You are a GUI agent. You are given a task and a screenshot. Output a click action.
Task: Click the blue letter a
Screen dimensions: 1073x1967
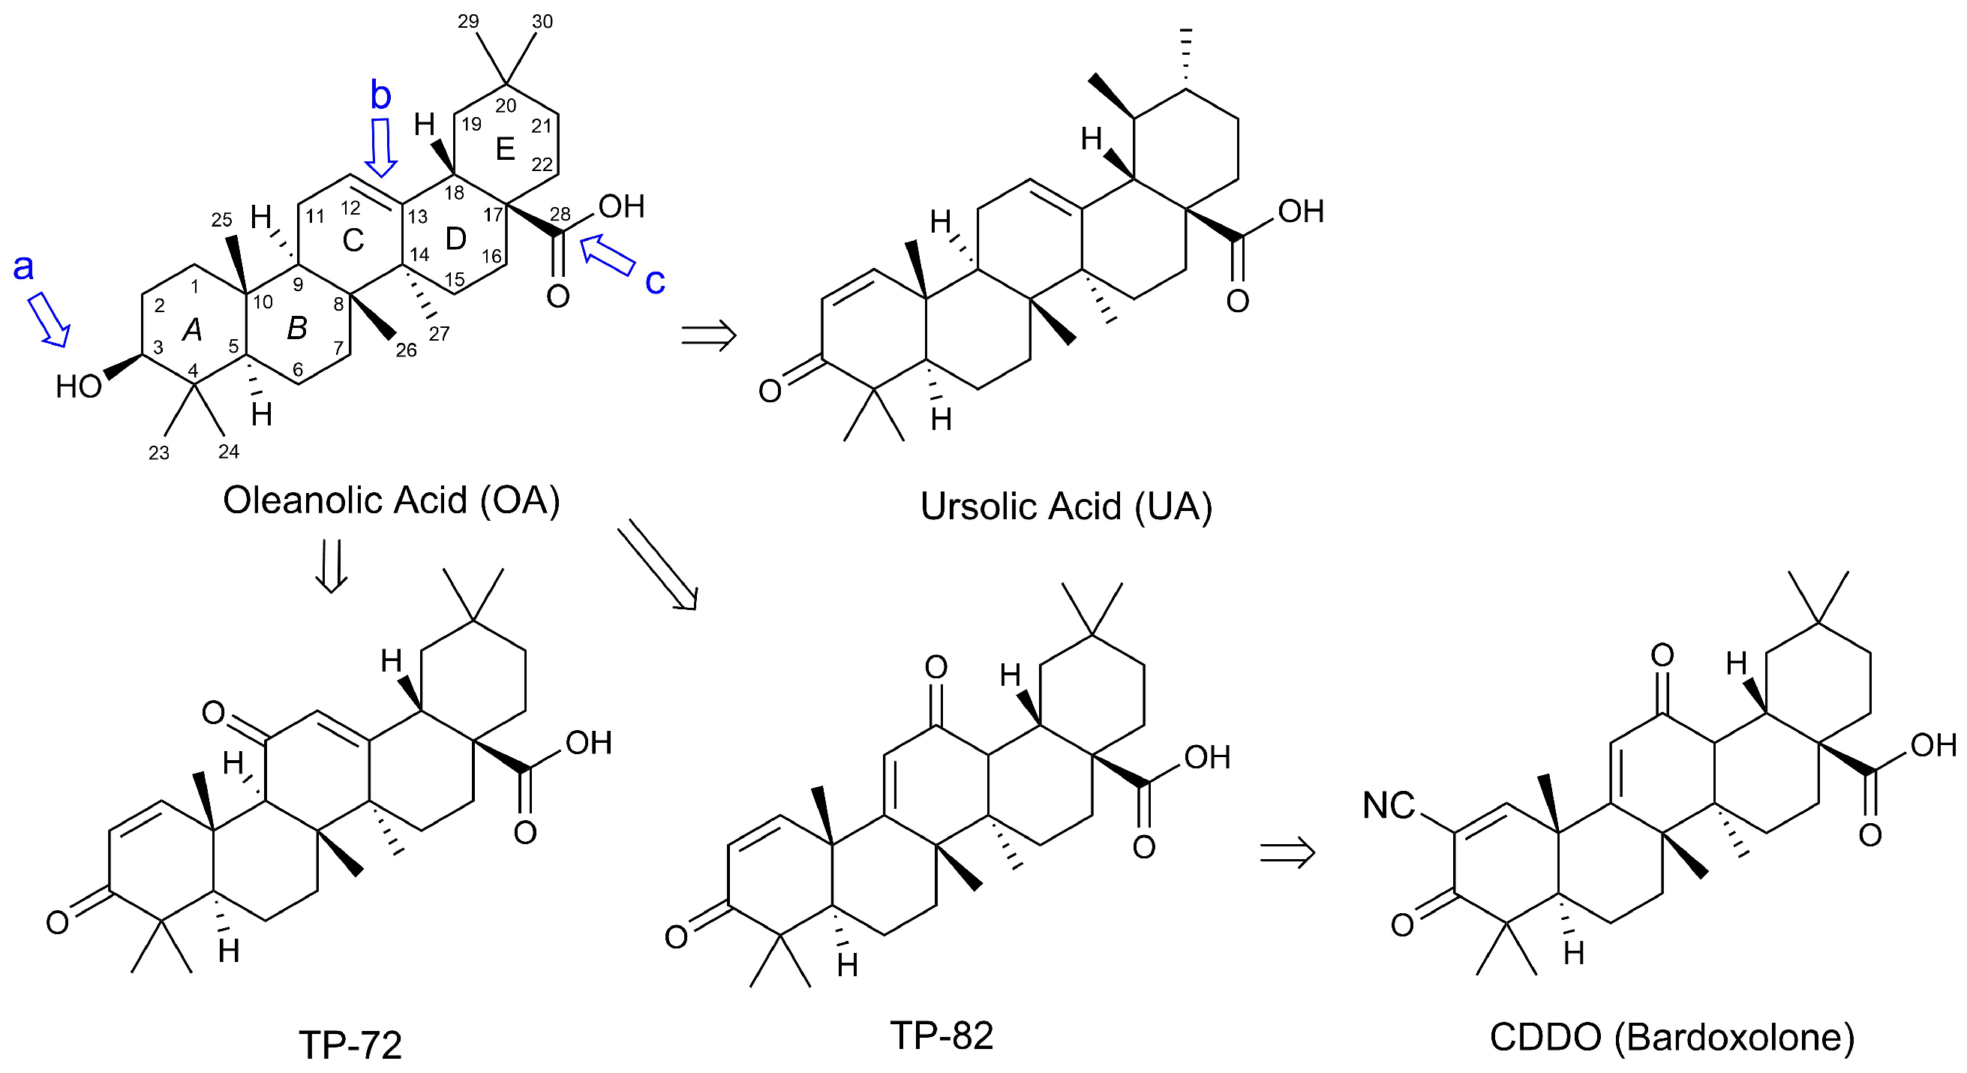(x=24, y=268)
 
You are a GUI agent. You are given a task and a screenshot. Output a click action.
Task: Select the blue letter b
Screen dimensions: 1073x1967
(x=380, y=96)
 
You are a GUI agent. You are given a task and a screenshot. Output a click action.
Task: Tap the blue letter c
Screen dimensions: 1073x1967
(x=655, y=281)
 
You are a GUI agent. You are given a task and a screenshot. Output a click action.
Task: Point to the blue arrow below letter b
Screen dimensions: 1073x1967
(x=381, y=146)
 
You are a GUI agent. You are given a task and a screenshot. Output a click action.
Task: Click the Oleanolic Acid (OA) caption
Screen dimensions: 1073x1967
(x=391, y=501)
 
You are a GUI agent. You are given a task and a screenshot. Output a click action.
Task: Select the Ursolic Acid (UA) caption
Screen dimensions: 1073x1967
(x=1066, y=506)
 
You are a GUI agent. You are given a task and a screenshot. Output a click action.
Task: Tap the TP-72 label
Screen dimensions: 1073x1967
(x=350, y=1044)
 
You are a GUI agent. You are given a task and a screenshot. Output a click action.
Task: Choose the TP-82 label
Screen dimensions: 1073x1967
(x=941, y=1035)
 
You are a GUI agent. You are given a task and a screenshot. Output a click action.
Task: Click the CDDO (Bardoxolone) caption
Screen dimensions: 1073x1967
(x=1672, y=1037)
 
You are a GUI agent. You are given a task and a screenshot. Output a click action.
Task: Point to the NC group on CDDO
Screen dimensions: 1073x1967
(x=1389, y=806)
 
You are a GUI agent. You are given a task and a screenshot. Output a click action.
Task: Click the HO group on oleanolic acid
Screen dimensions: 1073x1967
(x=79, y=387)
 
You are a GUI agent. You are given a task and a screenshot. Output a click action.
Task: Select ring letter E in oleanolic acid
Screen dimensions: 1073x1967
(x=505, y=149)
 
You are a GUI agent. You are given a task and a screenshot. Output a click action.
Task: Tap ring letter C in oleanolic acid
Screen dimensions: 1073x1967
(x=353, y=241)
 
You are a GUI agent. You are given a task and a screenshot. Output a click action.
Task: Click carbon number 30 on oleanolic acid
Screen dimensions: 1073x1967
(x=542, y=21)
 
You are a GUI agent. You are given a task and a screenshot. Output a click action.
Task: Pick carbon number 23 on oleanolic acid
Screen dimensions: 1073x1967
(x=159, y=453)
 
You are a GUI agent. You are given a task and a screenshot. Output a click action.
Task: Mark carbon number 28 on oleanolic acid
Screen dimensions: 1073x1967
(x=560, y=214)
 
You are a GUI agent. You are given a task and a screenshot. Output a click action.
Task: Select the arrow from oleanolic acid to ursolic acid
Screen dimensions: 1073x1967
(x=709, y=335)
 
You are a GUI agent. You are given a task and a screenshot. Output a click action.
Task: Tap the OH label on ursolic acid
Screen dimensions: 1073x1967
(x=1301, y=212)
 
